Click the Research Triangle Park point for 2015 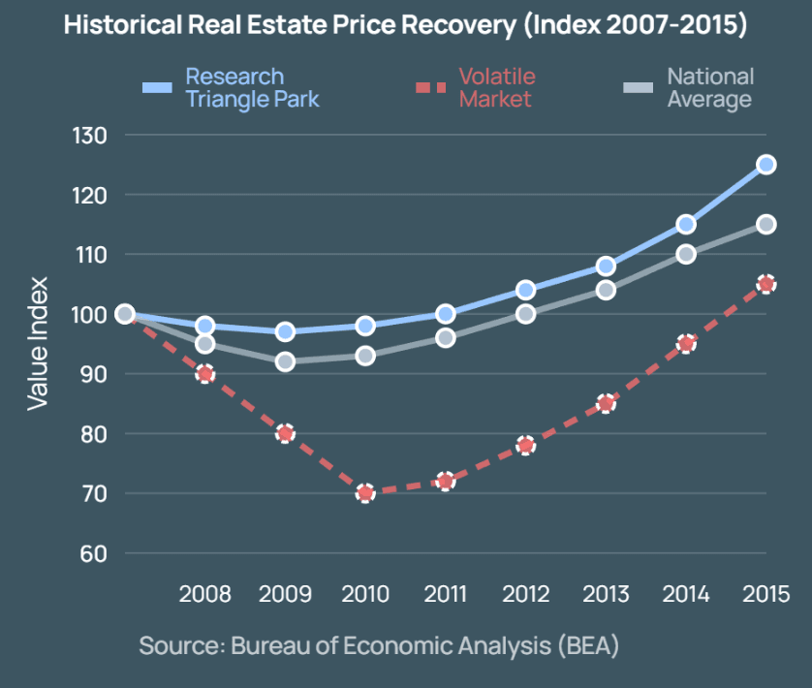click(765, 165)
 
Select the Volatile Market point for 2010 click(365, 493)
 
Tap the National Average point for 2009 click(285, 361)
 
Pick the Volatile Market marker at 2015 click(765, 284)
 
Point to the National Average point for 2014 click(686, 254)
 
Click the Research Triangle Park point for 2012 click(525, 290)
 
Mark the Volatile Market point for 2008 click(204, 374)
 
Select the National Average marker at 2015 click(765, 225)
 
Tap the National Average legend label click(709, 87)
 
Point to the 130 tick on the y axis click(90, 135)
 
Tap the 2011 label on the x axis click(446, 593)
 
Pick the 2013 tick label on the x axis click(606, 593)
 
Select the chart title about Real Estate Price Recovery click(405, 25)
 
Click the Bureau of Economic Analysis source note click(379, 645)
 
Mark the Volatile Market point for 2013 click(606, 403)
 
